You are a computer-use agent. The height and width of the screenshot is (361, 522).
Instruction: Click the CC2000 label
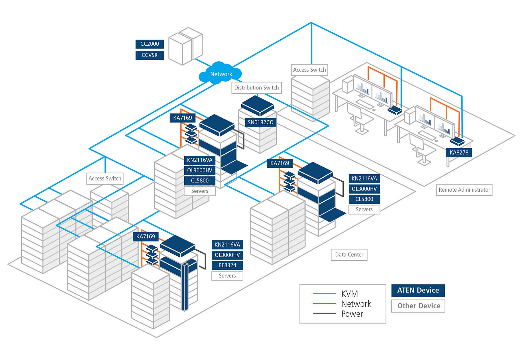(x=150, y=44)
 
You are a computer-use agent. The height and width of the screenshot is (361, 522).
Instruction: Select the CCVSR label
(x=150, y=55)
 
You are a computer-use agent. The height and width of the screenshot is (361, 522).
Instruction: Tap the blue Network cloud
(x=221, y=74)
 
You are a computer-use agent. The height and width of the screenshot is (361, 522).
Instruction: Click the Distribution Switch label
(x=256, y=88)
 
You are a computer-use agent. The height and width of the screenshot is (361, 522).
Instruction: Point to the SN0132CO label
(x=260, y=122)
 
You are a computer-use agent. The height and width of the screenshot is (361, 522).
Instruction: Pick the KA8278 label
(x=459, y=153)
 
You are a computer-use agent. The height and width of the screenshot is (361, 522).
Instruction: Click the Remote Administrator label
(x=464, y=190)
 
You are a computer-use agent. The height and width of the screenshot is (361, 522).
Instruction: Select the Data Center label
(x=349, y=255)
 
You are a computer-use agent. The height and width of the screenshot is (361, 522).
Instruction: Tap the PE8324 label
(x=227, y=265)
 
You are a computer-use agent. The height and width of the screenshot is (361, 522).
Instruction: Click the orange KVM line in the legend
(x=324, y=293)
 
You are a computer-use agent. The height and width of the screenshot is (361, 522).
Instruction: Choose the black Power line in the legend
(x=324, y=313)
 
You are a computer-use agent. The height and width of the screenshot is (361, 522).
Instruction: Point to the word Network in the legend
(x=356, y=304)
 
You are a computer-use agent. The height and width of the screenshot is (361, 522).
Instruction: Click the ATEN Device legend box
(x=418, y=290)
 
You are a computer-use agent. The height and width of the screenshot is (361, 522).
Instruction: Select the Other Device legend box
(x=418, y=306)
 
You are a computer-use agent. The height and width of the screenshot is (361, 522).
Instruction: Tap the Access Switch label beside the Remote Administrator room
(x=309, y=70)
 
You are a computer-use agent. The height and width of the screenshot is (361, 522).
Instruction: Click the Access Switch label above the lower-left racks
(x=105, y=179)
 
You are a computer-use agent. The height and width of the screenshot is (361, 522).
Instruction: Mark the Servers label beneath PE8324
(x=227, y=276)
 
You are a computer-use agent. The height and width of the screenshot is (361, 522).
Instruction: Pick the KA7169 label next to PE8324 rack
(x=146, y=236)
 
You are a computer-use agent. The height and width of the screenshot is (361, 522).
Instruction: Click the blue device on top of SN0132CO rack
(x=257, y=105)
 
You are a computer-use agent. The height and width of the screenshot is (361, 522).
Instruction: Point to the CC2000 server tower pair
(x=185, y=46)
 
